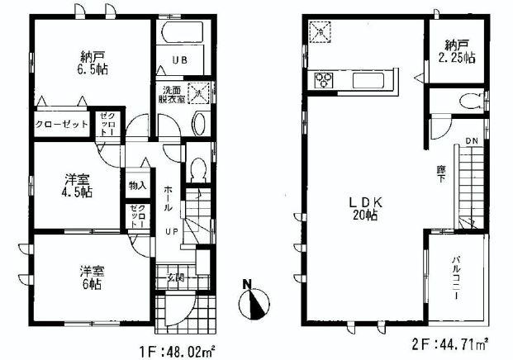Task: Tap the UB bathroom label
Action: [x=180, y=59]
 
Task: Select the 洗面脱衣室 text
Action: [x=172, y=97]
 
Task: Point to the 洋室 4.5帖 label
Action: [x=79, y=185]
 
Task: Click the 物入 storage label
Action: [x=137, y=185]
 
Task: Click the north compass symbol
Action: [x=254, y=302]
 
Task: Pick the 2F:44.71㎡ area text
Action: [x=451, y=340]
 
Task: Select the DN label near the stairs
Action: [x=471, y=142]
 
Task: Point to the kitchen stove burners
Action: [x=321, y=80]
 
